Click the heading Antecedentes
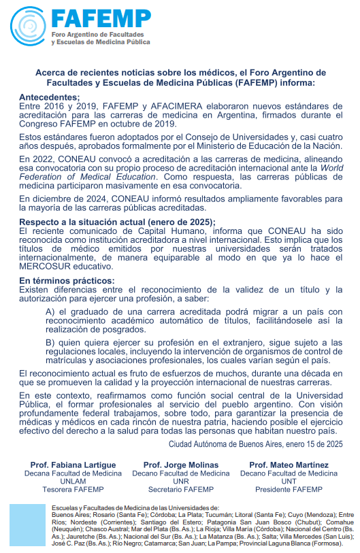tap(50, 97)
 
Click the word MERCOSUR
tap(48, 266)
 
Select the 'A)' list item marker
tap(50, 310)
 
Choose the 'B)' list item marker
tap(50, 341)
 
